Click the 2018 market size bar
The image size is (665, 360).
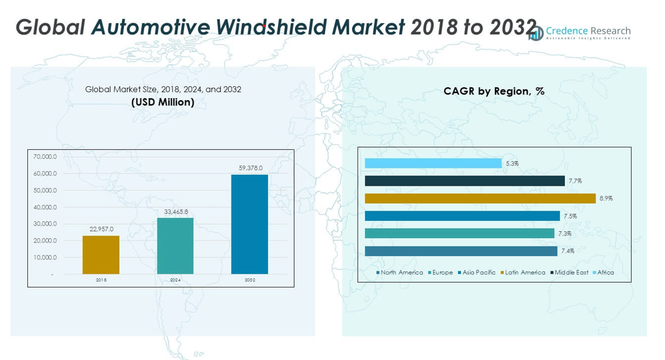click(101, 255)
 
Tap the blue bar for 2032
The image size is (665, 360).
click(249, 224)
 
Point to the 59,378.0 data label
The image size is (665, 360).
click(251, 168)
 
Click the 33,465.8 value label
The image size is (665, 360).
click(176, 212)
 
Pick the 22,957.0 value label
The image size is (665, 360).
click(101, 230)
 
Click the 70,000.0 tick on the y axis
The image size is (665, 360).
click(45, 157)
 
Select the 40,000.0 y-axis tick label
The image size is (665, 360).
click(45, 207)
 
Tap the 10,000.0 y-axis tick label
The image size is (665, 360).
click(45, 257)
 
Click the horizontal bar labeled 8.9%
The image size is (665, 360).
click(480, 199)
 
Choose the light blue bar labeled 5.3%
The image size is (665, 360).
click(433, 164)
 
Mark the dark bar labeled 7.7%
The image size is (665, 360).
click(465, 181)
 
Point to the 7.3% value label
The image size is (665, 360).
click(564, 234)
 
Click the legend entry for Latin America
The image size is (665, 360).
click(523, 273)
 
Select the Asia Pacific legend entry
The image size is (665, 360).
click(477, 273)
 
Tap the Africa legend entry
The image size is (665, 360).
click(603, 273)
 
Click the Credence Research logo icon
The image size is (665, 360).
click(536, 33)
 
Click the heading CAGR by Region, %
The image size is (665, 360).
click(494, 91)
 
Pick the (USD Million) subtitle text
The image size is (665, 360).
click(163, 102)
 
